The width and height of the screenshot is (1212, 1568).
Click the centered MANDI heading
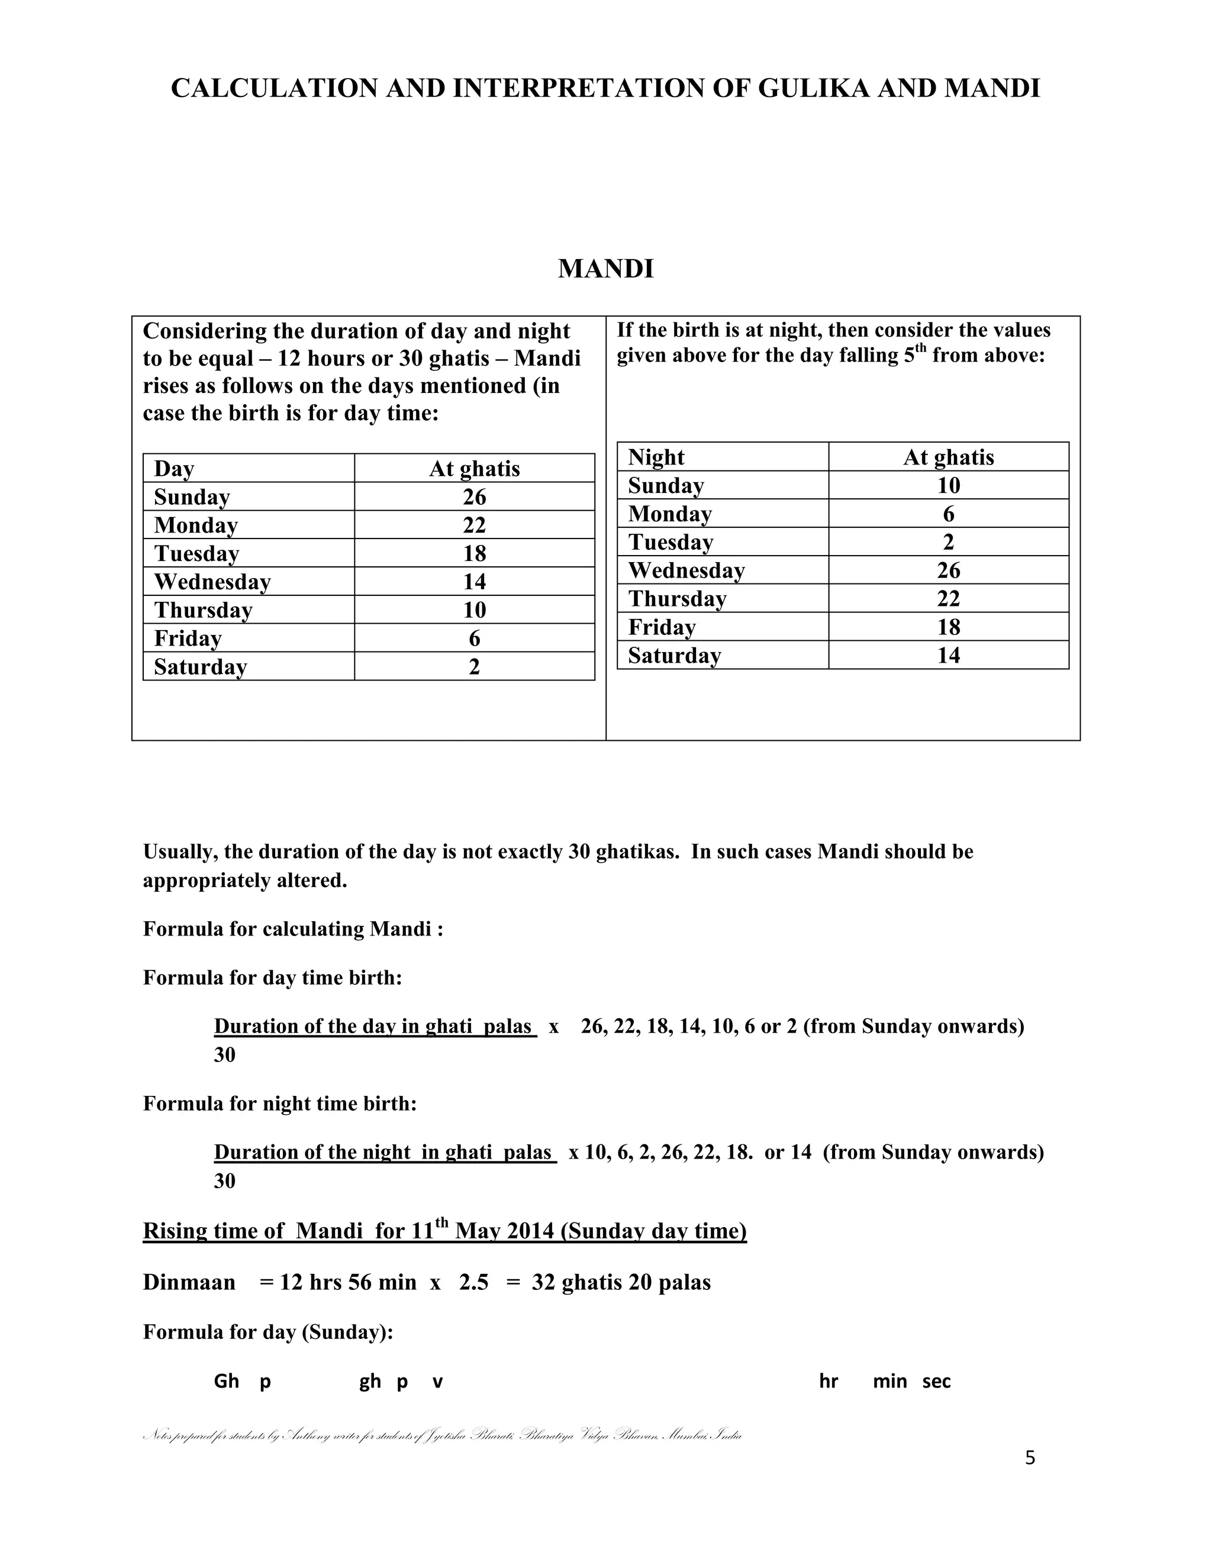point(605,269)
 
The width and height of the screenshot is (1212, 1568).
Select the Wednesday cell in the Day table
point(212,582)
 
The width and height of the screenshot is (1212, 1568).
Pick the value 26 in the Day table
point(474,497)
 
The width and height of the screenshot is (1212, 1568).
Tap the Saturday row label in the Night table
point(674,656)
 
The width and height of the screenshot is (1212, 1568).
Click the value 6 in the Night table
point(949,514)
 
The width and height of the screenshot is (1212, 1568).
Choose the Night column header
point(656,457)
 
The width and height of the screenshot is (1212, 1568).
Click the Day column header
point(174,469)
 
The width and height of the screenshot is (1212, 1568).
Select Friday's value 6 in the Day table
point(474,638)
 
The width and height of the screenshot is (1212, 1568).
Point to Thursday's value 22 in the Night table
point(949,599)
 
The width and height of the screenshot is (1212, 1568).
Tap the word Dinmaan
point(189,1282)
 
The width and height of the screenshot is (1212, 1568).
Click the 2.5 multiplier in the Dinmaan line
point(473,1282)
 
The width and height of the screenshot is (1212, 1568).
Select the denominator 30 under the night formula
point(225,1181)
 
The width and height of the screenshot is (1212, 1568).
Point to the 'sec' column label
point(936,1382)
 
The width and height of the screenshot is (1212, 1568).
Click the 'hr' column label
point(828,1382)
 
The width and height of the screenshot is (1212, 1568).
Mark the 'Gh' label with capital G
point(226,1382)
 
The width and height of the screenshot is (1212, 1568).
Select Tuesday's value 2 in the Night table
point(949,542)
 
